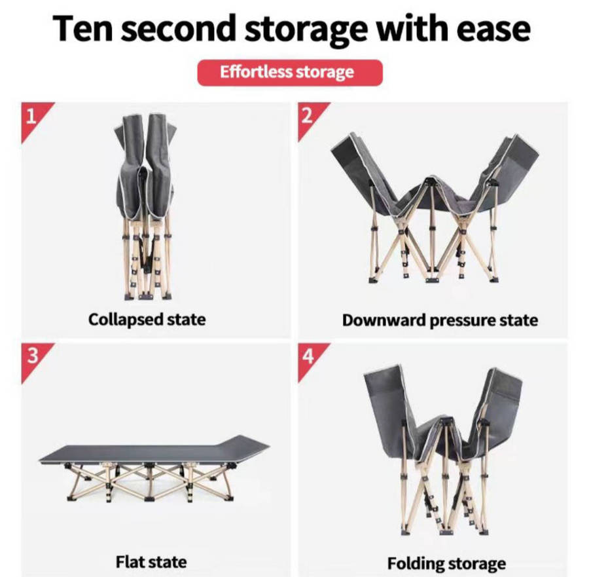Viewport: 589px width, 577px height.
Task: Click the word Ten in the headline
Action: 82,28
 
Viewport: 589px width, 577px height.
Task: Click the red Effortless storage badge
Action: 290,73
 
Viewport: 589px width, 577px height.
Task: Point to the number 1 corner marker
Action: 32,117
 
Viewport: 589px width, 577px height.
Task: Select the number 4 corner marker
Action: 309,356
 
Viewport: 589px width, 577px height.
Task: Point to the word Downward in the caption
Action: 384,320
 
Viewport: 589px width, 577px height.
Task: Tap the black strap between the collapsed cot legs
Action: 147,252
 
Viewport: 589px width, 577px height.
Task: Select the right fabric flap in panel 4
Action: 496,410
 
